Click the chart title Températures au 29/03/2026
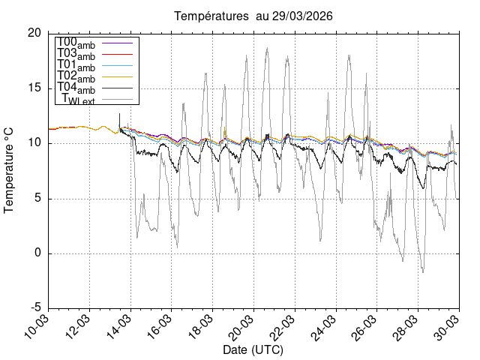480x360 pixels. pos(253,16)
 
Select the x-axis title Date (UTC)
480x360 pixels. pos(253,349)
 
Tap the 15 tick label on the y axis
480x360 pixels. pos(34,88)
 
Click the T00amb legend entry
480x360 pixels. pos(76,43)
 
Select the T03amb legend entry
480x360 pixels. pos(76,55)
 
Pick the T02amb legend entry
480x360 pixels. pos(76,77)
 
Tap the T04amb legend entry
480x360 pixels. pos(76,88)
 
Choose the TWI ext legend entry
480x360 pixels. pos(79,100)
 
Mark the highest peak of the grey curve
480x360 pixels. pos(267,48)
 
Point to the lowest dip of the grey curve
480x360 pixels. pos(422,272)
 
